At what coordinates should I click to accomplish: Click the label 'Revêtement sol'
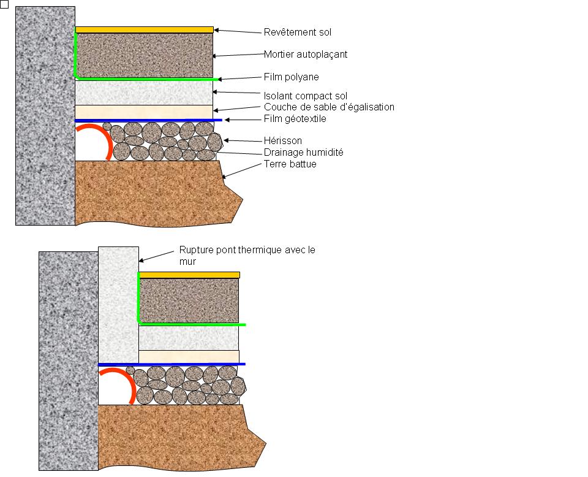(x=297, y=32)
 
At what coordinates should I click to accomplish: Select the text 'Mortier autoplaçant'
(x=305, y=55)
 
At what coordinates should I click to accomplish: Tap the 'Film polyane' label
(x=291, y=77)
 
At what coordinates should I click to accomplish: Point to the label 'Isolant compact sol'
(x=305, y=96)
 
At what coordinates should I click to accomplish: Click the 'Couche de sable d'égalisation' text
(x=329, y=107)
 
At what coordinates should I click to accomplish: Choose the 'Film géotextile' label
(x=295, y=119)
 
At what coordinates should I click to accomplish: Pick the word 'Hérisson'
(x=282, y=141)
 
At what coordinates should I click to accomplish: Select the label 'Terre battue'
(x=290, y=164)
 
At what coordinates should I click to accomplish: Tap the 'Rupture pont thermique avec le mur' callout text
(x=247, y=256)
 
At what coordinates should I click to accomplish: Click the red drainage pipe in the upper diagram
(x=105, y=138)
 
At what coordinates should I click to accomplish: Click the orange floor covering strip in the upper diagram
(x=144, y=29)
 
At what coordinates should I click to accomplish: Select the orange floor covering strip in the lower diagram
(x=189, y=275)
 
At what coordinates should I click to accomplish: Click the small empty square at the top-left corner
(x=5, y=4)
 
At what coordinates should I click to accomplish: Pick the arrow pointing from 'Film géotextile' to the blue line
(x=243, y=120)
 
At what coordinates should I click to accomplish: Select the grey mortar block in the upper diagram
(x=145, y=55)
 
